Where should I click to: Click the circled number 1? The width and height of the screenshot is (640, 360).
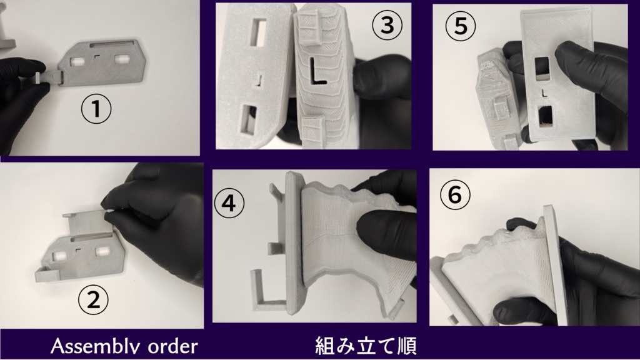click(x=95, y=110)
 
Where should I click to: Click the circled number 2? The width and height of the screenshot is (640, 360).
click(x=92, y=301)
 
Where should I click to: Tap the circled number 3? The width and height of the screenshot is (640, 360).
click(x=386, y=26)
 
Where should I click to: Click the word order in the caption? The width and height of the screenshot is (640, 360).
click(x=171, y=346)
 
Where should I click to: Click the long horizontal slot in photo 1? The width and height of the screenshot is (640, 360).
click(x=113, y=45)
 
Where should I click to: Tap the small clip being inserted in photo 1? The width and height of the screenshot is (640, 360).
click(x=44, y=76)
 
